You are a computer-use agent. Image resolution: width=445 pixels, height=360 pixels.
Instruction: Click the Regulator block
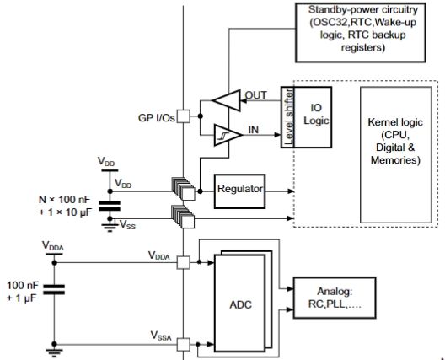[x=240, y=191]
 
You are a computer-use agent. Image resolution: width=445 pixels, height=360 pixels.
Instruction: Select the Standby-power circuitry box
[x=361, y=32]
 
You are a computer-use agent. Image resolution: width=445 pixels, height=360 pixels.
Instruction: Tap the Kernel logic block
[x=396, y=155]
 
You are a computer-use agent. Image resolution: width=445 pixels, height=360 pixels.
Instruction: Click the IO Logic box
[x=313, y=117]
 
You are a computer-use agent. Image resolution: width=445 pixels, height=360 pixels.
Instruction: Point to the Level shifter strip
[x=287, y=117]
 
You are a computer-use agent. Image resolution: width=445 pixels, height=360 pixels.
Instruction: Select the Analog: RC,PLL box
[x=335, y=298]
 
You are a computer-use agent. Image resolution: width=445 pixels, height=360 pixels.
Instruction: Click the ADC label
[x=240, y=304]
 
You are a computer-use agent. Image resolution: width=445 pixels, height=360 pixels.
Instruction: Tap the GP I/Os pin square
[x=184, y=116]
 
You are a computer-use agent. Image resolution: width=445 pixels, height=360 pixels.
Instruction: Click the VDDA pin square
[x=184, y=262]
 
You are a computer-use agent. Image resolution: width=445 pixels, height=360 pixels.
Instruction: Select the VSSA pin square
[x=184, y=344]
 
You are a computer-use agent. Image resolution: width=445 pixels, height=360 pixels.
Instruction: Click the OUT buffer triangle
[x=227, y=100]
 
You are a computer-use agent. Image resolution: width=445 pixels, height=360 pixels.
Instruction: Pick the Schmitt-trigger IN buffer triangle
[x=228, y=135]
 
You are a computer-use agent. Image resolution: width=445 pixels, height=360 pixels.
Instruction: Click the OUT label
[x=255, y=95]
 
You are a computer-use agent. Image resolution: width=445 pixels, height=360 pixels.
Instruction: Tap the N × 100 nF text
[x=64, y=200]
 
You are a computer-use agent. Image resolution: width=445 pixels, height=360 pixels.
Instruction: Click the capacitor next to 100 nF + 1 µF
[x=54, y=289]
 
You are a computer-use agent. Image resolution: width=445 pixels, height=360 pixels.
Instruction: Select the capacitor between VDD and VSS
[x=110, y=206]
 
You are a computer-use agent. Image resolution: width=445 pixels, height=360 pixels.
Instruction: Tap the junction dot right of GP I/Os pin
[x=200, y=116]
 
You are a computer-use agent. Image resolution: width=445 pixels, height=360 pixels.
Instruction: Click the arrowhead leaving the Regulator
[x=291, y=191]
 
